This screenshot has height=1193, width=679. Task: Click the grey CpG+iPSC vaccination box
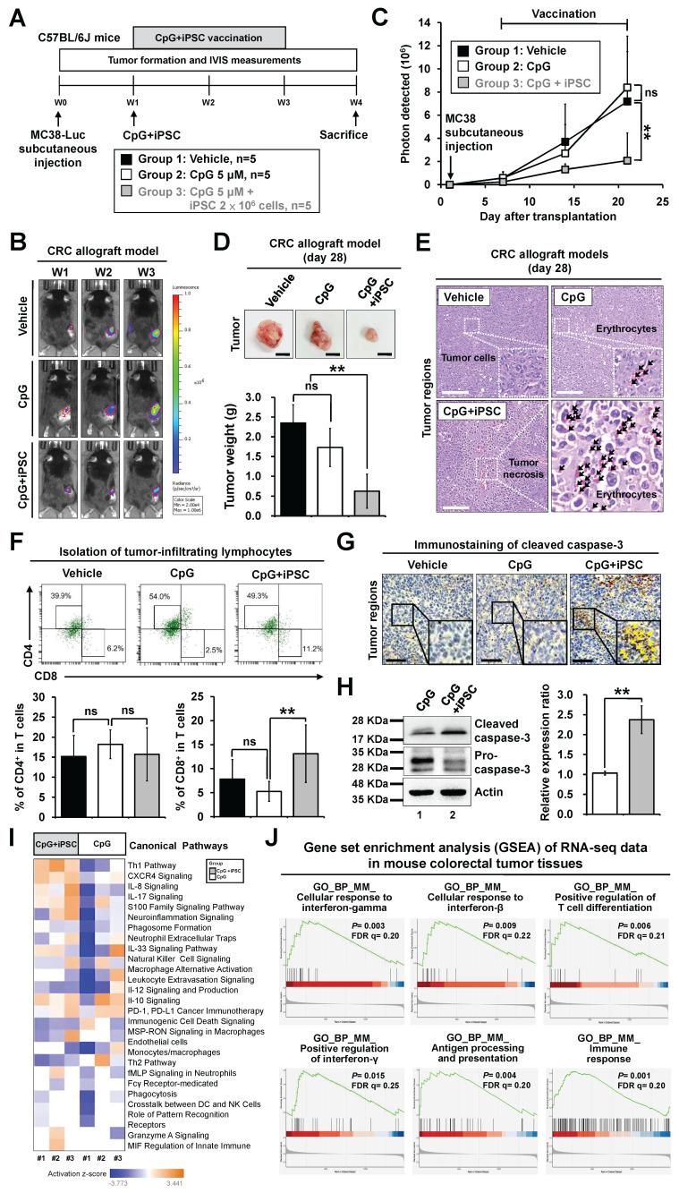[x=209, y=37]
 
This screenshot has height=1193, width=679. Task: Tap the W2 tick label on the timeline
[x=208, y=102]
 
